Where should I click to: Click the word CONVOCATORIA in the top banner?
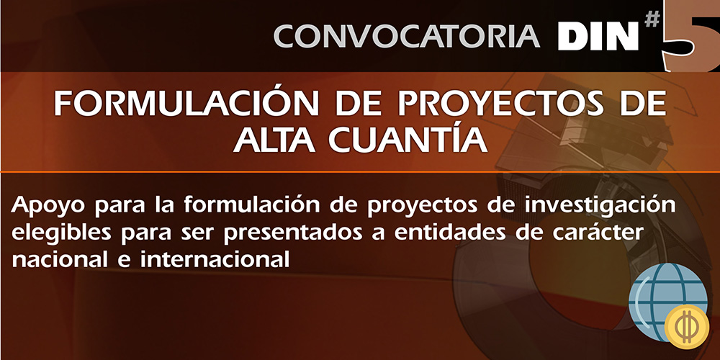click(x=407, y=36)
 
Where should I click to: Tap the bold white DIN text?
click(x=598, y=36)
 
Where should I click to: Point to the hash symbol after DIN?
click(x=652, y=19)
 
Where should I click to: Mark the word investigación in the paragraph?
click(x=600, y=205)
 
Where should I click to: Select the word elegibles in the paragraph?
click(x=61, y=233)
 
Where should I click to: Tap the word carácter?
click(x=599, y=232)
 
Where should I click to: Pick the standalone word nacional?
click(x=57, y=260)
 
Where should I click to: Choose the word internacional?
click(x=215, y=260)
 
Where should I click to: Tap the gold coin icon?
click(x=687, y=327)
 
